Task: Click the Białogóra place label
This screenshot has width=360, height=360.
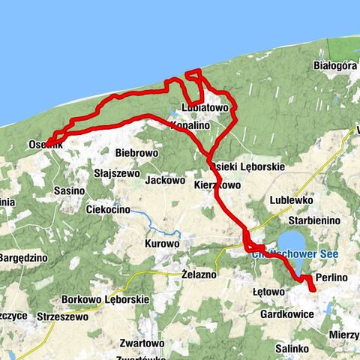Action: tap(334, 66)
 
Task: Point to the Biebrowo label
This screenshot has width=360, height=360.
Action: tap(136, 153)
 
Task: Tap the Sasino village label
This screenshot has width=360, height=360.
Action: tap(69, 191)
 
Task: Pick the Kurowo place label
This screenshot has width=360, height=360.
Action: tap(162, 244)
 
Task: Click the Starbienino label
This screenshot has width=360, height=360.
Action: tap(315, 220)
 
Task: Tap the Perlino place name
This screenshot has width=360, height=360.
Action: tap(331, 278)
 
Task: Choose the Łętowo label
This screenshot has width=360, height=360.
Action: tap(269, 291)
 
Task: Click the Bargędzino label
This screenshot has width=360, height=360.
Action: tap(23, 257)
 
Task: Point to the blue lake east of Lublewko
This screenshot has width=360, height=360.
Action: tap(292, 244)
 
